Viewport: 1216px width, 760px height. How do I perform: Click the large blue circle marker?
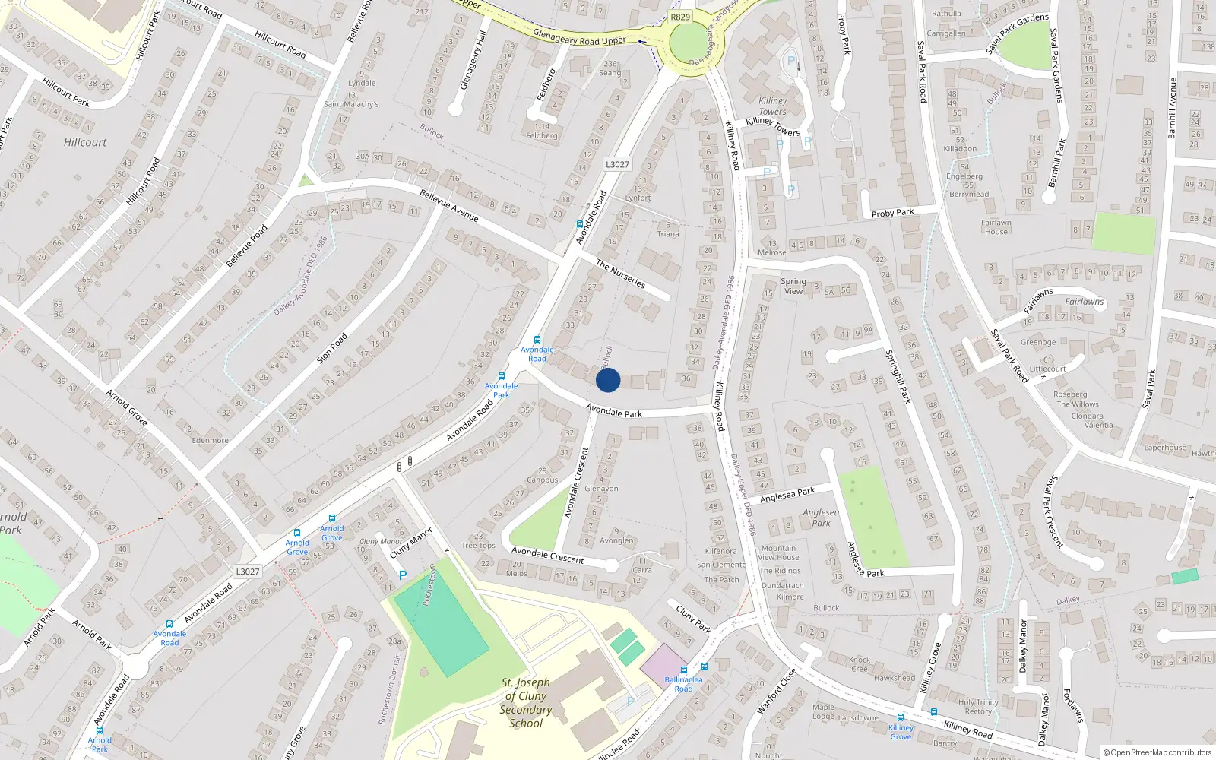tap(608, 380)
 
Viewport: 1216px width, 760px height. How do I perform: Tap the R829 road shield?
tap(680, 17)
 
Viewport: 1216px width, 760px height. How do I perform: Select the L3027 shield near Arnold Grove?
tap(248, 572)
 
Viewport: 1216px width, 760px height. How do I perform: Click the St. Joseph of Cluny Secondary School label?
tap(525, 702)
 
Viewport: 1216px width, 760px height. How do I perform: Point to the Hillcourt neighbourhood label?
tap(85, 142)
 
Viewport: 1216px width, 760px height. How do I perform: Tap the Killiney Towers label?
tap(773, 106)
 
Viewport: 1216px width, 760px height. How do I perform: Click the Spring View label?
tap(793, 286)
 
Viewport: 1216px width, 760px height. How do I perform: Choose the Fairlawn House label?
tap(996, 227)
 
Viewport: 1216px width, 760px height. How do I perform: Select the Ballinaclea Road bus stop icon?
tap(683, 670)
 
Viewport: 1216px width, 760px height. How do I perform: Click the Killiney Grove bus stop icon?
tap(901, 717)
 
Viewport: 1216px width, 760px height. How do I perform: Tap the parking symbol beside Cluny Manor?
tap(403, 575)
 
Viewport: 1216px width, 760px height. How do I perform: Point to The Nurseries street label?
tap(620, 274)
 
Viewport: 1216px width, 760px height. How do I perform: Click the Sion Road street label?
tap(332, 347)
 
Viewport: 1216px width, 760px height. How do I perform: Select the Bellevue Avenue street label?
tap(449, 205)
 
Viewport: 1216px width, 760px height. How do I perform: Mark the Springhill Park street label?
tap(898, 375)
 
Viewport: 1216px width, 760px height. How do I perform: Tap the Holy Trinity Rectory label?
tap(978, 707)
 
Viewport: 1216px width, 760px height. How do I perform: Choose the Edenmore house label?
tap(210, 440)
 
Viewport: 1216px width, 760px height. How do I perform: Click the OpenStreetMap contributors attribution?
tap(1157, 752)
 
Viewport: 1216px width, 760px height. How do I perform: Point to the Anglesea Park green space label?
tap(821, 518)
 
